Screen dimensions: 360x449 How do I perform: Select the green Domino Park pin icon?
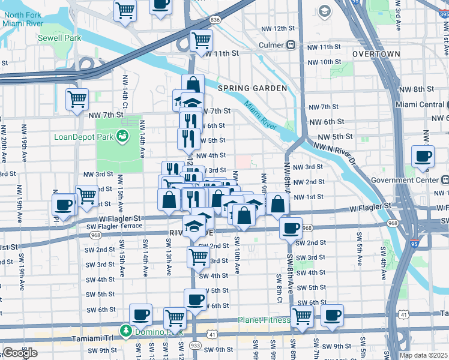[126, 331]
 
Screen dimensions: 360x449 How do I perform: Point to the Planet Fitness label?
[264, 320]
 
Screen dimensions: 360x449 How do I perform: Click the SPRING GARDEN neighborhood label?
[252, 88]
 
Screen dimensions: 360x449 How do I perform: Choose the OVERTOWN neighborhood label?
[376, 54]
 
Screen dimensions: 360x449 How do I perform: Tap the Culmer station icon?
[291, 45]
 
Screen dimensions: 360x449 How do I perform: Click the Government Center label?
[409, 179]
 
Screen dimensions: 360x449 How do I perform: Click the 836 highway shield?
[215, 20]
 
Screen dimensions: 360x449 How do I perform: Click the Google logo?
[20, 353]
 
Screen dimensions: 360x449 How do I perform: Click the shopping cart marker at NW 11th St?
[201, 40]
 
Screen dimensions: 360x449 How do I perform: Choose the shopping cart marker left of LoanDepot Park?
[77, 99]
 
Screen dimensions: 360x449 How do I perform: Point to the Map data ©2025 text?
[423, 355]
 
